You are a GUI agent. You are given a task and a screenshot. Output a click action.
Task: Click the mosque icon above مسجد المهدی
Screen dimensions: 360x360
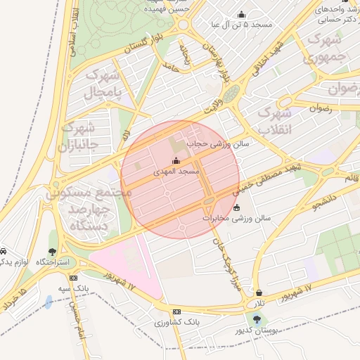point(176,160)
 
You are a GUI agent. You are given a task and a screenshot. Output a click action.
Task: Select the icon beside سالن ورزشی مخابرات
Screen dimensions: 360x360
point(235,207)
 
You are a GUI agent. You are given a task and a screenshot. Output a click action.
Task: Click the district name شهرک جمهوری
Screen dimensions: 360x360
point(327,47)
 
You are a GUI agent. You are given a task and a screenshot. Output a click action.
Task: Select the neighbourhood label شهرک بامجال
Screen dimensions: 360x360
point(103,83)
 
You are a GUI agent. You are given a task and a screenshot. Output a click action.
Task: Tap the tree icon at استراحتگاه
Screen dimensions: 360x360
point(53,251)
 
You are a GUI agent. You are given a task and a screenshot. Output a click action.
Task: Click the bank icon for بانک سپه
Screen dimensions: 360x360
point(74,278)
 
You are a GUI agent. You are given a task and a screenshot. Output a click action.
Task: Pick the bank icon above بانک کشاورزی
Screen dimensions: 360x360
point(176,311)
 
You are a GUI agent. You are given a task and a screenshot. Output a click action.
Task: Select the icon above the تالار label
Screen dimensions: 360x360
point(259,292)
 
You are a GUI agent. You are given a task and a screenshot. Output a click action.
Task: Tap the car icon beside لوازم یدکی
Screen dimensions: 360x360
point(4,251)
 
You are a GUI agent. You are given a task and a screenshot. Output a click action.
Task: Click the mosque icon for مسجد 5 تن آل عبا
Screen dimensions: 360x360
point(242,14)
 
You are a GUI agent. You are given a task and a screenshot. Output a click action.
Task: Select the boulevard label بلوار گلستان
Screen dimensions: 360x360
point(148,45)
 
